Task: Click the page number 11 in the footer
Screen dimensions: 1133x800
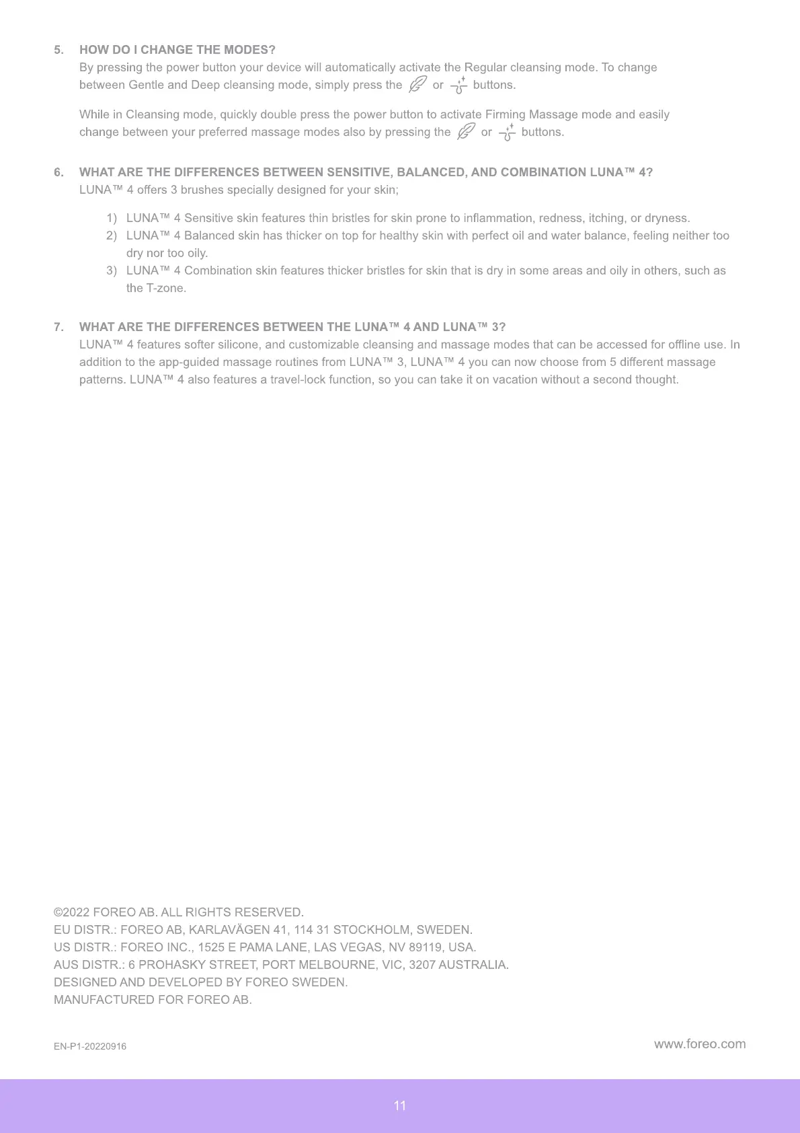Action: click(400, 1105)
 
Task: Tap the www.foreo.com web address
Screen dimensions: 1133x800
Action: click(699, 1044)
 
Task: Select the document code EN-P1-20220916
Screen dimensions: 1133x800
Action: click(90, 1046)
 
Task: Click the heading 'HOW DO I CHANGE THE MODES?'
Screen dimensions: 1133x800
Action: click(177, 50)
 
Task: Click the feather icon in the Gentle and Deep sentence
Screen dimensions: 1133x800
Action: click(417, 84)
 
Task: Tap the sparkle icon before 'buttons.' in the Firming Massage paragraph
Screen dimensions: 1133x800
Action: click(507, 132)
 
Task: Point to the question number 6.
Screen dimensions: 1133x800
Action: click(58, 172)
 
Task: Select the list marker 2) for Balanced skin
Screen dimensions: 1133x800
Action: click(112, 235)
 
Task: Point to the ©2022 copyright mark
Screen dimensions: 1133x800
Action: click(72, 912)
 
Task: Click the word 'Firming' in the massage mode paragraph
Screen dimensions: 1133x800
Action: click(506, 114)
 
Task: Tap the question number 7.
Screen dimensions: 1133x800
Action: click(58, 327)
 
